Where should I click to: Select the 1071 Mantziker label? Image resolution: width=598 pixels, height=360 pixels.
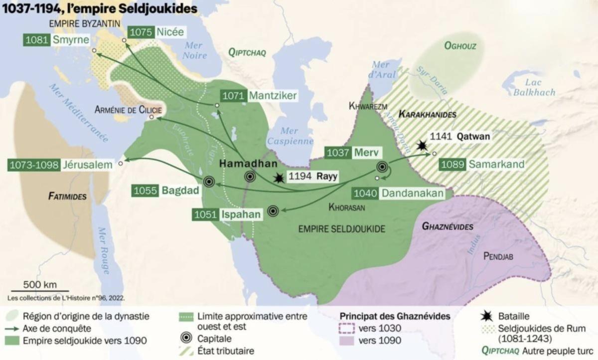(260, 95)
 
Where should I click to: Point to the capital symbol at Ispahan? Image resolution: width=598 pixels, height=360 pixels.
(273, 211)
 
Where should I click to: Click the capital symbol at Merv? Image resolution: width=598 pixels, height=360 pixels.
(382, 167)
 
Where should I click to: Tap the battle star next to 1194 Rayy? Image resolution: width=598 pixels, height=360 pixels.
(279, 178)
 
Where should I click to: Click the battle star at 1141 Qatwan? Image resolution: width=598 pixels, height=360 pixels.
(423, 145)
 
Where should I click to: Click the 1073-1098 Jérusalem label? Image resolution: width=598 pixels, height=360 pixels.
(60, 165)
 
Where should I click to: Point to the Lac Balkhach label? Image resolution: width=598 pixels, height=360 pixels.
(535, 88)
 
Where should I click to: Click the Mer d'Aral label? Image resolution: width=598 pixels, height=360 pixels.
(384, 69)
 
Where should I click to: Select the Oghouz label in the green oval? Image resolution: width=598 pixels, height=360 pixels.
(460, 46)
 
